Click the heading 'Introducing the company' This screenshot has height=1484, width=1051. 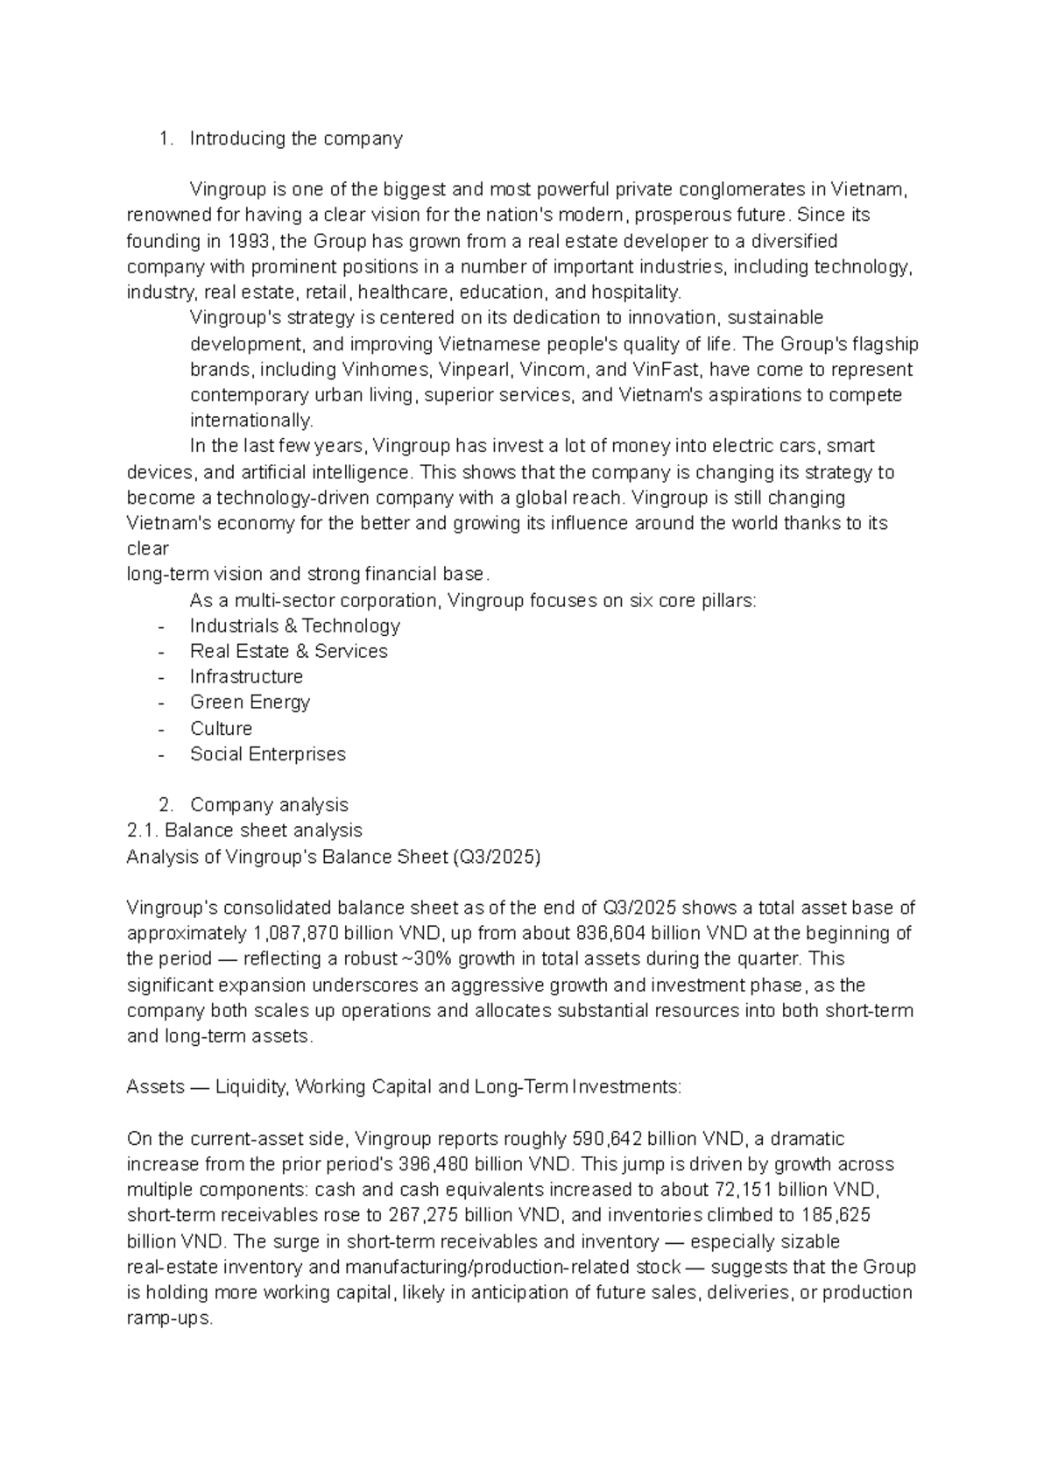point(296,138)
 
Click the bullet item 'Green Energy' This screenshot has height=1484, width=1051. point(250,702)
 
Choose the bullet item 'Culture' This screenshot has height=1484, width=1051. point(221,728)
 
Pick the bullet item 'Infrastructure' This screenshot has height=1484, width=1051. point(246,676)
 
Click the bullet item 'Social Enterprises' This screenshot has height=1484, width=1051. point(267,753)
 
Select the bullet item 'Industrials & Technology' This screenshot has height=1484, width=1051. point(294,625)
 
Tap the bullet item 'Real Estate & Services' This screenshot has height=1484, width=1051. point(288,651)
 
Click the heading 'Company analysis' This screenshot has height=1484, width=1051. point(269,804)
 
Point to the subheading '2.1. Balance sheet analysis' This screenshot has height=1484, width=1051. point(244,830)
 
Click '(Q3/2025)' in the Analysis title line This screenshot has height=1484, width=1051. point(497,856)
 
